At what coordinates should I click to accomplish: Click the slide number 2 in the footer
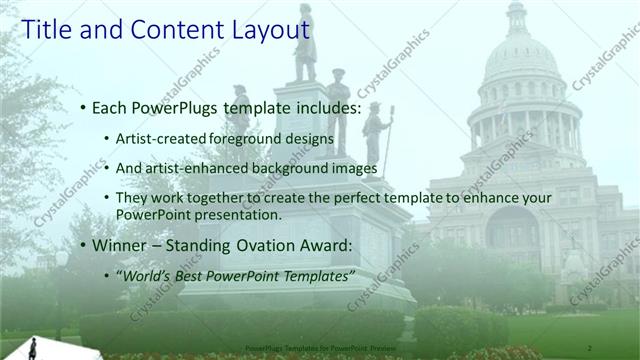point(591,345)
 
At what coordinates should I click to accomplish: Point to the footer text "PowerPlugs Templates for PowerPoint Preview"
point(319,345)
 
